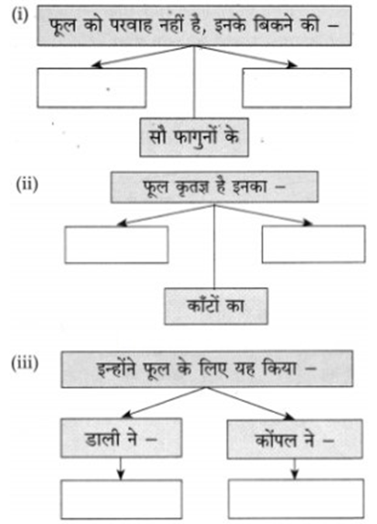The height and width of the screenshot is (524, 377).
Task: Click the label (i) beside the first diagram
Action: pos(20,16)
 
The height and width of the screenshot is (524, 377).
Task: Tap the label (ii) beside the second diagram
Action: pos(27,185)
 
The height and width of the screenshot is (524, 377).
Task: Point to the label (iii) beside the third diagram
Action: pos(25,363)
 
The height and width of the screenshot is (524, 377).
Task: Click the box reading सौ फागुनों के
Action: pos(194,137)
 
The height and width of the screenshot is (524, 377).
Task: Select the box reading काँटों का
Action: pos(216,306)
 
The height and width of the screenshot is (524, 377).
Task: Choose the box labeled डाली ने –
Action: pos(121,438)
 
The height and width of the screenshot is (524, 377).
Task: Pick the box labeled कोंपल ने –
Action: pos(295,439)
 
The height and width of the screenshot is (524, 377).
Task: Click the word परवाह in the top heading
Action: pos(133,26)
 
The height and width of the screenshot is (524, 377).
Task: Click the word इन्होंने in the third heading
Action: pos(116,369)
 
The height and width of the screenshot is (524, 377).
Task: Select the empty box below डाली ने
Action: pos(122,499)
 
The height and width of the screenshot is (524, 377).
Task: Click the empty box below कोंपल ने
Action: pos(296,499)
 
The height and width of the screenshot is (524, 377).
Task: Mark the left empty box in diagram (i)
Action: pos(92,88)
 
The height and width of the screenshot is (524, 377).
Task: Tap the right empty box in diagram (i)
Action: pos(297,88)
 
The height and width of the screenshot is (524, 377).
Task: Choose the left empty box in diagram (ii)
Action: pos(116,245)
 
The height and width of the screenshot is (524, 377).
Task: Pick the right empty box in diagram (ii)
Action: pos(313,245)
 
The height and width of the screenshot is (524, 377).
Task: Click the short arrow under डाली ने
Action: pos(120,469)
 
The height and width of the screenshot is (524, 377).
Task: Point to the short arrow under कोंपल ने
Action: pos(294,469)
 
